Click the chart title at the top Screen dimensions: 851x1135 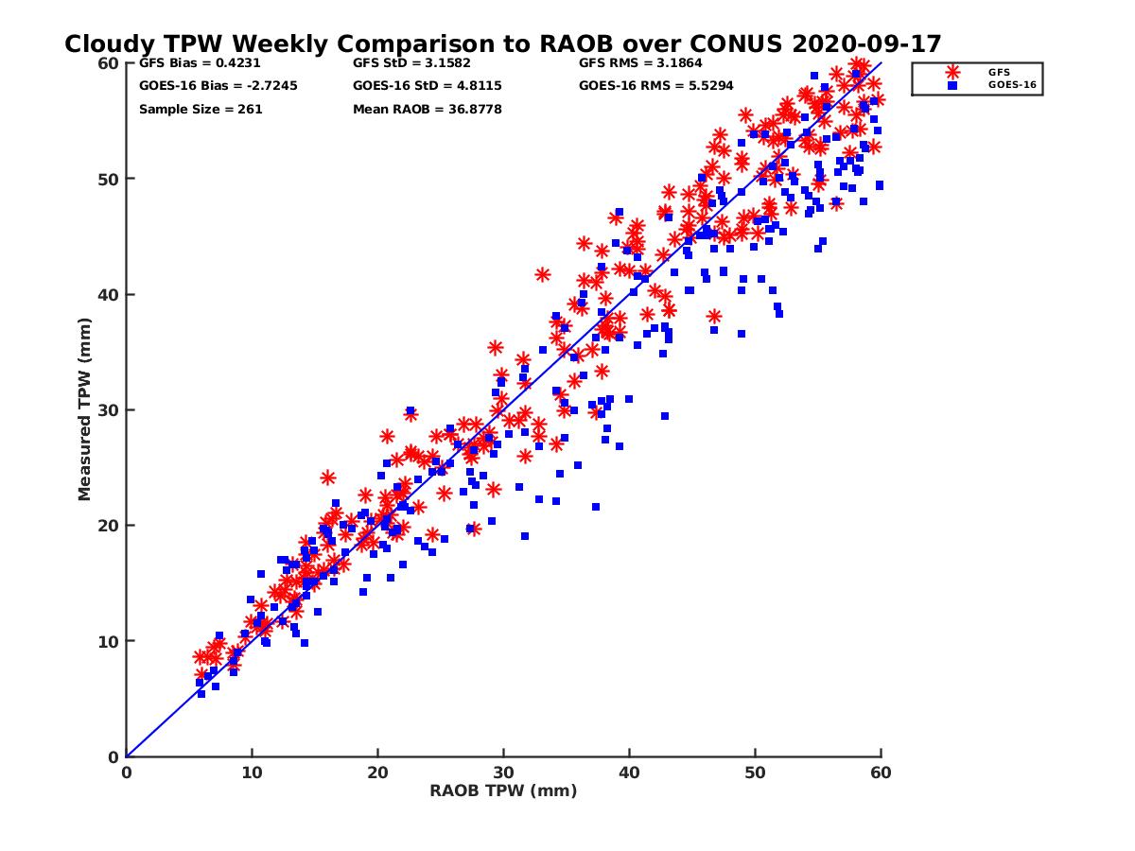[x=502, y=43]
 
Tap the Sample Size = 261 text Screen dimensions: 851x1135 [x=201, y=110]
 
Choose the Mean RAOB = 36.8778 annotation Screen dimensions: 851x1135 [x=427, y=110]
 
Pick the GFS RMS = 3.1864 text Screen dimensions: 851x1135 [x=640, y=64]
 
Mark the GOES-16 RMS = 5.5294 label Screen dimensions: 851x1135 [x=654, y=86]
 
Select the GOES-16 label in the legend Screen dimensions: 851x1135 [x=1008, y=84]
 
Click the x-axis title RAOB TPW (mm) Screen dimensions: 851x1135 [x=503, y=791]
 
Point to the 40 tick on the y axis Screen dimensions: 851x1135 [x=110, y=295]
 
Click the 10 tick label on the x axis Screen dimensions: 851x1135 [x=252, y=773]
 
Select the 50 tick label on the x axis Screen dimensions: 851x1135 [x=755, y=773]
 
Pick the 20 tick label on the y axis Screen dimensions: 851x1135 [x=110, y=526]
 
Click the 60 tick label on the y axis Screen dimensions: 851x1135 [x=110, y=63]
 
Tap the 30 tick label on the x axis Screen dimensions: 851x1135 [x=503, y=773]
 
